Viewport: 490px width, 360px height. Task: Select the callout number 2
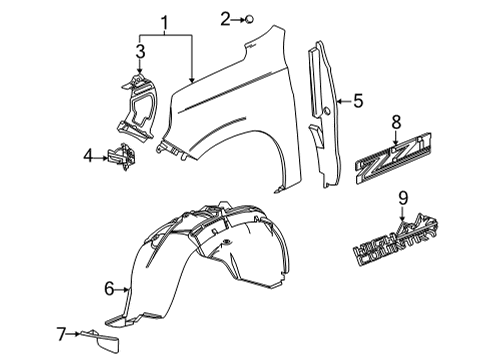[227, 17]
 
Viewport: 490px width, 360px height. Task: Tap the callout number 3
[140, 50]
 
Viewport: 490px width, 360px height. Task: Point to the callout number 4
[88, 155]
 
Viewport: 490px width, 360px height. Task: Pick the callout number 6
[109, 288]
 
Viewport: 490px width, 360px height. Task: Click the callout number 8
[396, 121]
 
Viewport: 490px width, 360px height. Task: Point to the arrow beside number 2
[238, 17]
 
